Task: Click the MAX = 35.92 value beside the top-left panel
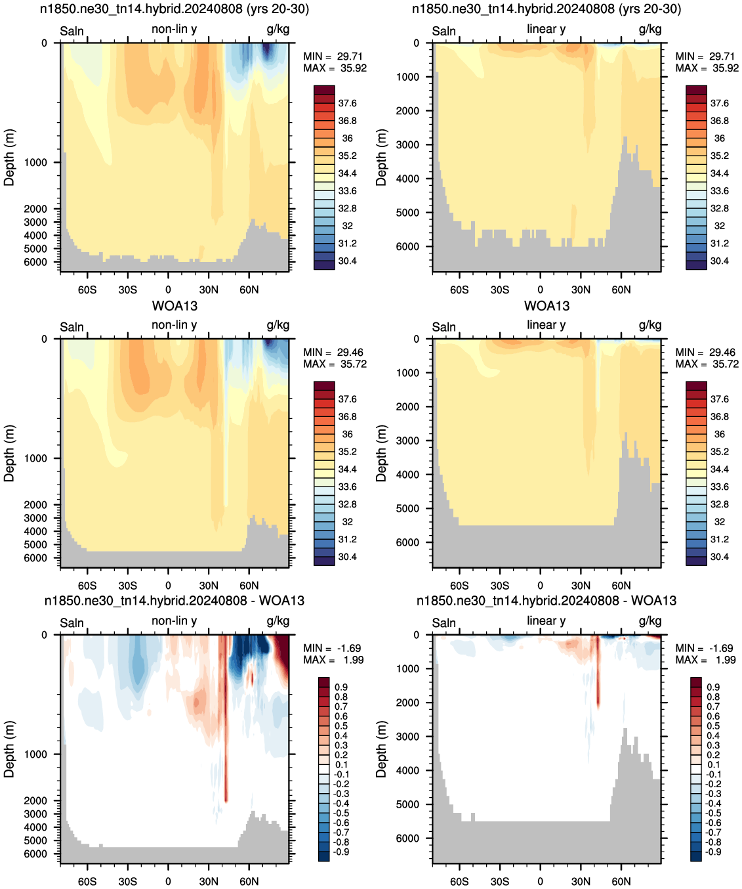[335, 68]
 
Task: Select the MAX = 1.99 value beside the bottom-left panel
[333, 660]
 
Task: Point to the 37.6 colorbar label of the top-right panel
[720, 103]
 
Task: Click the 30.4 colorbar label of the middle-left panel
[347, 557]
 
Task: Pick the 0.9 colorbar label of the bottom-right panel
[713, 687]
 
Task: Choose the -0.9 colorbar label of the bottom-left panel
[341, 852]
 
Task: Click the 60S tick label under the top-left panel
[87, 290]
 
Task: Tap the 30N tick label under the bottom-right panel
[581, 881]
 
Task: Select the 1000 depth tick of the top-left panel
[35, 162]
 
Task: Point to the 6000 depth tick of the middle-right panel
[407, 542]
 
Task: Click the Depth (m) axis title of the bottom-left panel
[9, 749]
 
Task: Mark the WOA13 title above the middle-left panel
[175, 306]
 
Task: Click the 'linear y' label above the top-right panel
[546, 29]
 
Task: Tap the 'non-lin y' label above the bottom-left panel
[174, 620]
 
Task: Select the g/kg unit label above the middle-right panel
[650, 325]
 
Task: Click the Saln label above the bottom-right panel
[443, 623]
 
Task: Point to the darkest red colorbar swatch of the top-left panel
[324, 89]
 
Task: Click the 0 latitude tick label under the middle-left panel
[168, 586]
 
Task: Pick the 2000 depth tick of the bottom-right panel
[407, 703]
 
